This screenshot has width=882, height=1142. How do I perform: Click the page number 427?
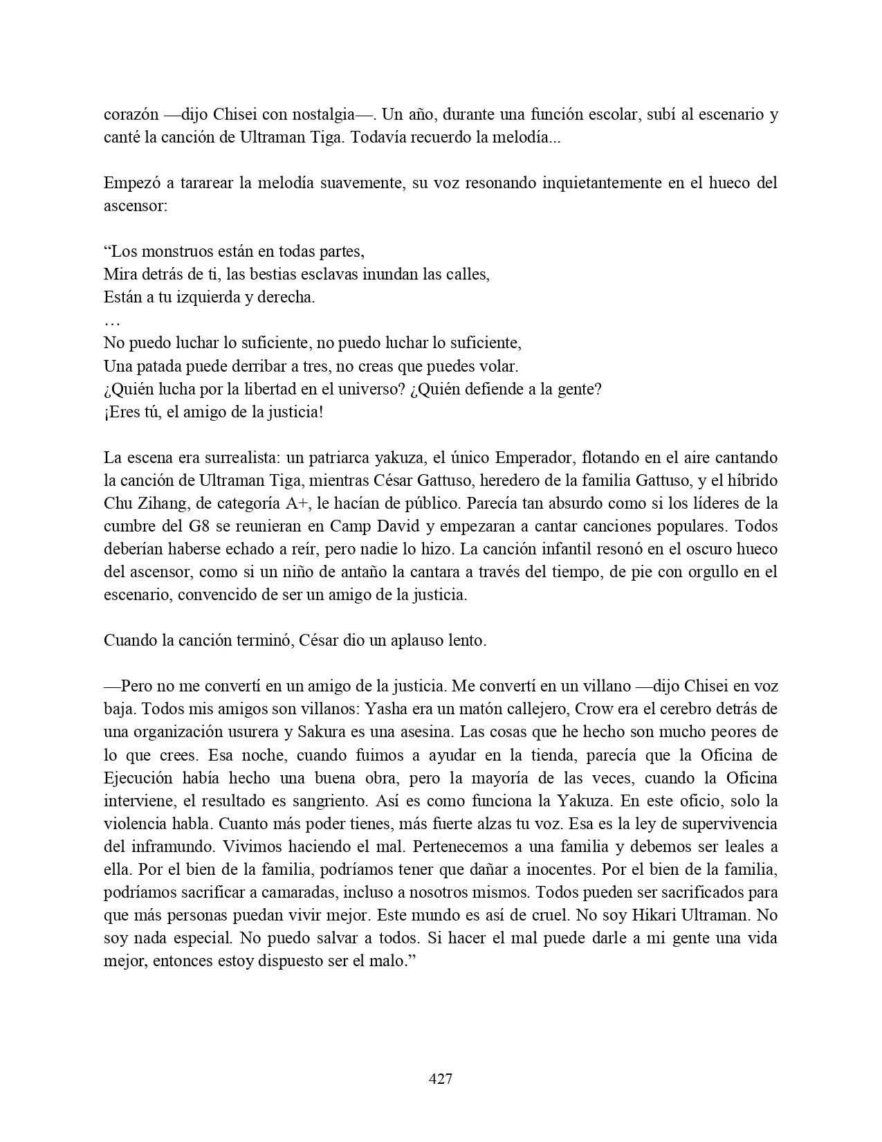click(x=441, y=1078)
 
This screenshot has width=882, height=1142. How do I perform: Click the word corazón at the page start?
click(x=130, y=115)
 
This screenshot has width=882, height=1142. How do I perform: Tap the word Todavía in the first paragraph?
click(x=376, y=138)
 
